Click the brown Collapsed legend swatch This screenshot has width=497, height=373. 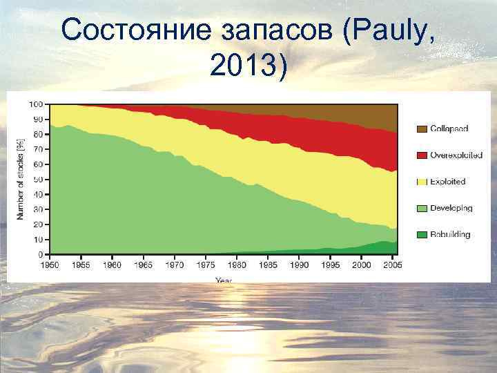(421, 128)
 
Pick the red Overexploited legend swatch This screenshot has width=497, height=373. (421, 155)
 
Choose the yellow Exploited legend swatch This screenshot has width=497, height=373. (421, 182)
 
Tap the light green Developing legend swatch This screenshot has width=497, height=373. (421, 208)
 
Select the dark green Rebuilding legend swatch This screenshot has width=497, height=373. (421, 235)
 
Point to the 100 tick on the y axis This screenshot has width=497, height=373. (36, 104)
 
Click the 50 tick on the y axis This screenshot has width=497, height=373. (39, 180)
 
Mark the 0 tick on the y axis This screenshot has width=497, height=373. (41, 254)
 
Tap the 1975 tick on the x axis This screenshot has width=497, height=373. (206, 265)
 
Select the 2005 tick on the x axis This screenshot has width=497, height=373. (391, 265)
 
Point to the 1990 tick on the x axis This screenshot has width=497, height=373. (299, 265)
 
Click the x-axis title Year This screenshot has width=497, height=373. (224, 280)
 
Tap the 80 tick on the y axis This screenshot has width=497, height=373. (39, 134)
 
